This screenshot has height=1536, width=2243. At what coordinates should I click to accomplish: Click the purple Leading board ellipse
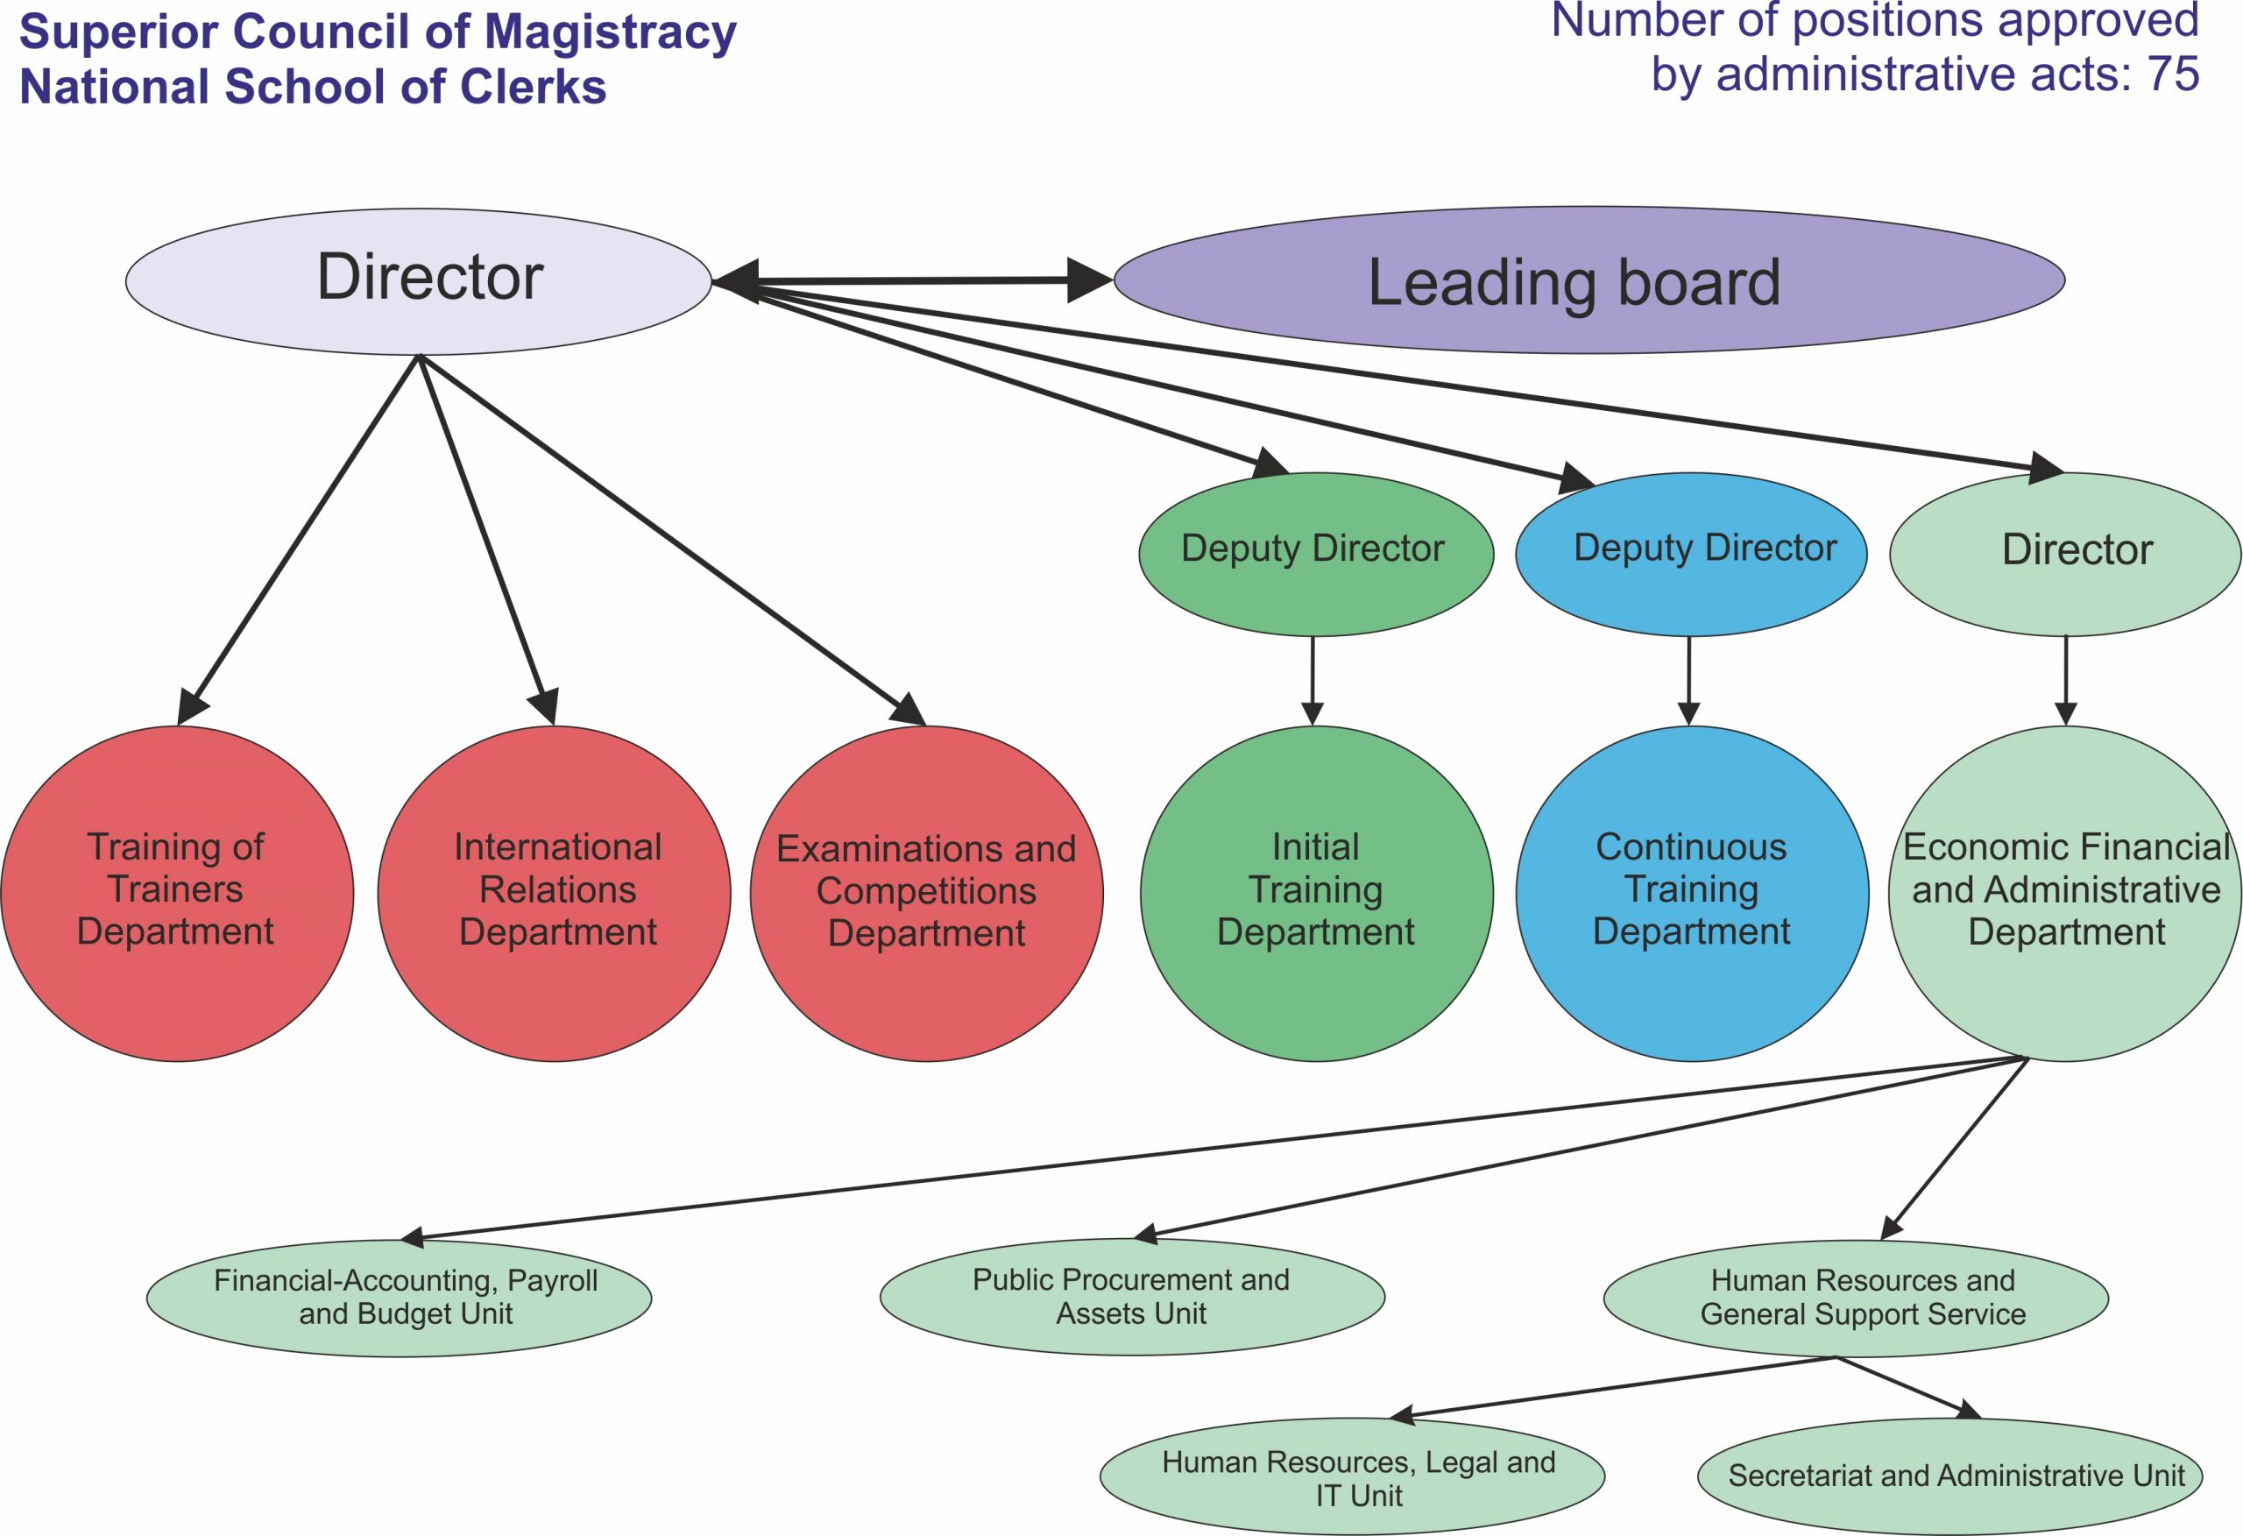pyautogui.click(x=1588, y=281)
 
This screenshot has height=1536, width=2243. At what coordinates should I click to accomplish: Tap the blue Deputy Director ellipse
pyautogui.click(x=1691, y=553)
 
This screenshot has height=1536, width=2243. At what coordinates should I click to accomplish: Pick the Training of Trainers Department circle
pyautogui.click(x=178, y=893)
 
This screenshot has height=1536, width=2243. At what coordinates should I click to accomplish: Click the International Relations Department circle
pyautogui.click(x=555, y=893)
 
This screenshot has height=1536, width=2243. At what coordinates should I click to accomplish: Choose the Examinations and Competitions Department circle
pyautogui.click(x=926, y=893)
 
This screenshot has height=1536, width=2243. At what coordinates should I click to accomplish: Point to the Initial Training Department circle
pyautogui.click(x=1317, y=893)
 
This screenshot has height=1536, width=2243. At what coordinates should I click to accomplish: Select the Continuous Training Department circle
pyautogui.click(x=1692, y=893)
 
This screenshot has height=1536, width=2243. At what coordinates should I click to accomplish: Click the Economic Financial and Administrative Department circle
pyautogui.click(x=2065, y=893)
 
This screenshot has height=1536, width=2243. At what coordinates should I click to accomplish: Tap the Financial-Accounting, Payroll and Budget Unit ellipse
pyautogui.click(x=399, y=1298)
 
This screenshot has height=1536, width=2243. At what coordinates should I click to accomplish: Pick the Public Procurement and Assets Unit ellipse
pyautogui.click(x=1132, y=1297)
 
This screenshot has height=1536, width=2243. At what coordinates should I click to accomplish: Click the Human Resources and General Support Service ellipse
pyautogui.click(x=1856, y=1298)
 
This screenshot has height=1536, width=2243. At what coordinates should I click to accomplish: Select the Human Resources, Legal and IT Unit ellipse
pyautogui.click(x=1352, y=1476)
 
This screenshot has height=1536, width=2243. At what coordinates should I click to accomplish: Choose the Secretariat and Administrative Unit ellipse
pyautogui.click(x=1949, y=1476)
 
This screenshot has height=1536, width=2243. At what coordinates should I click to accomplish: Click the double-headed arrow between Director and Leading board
pyautogui.click(x=912, y=281)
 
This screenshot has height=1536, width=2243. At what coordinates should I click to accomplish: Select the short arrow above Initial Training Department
pyautogui.click(x=1313, y=680)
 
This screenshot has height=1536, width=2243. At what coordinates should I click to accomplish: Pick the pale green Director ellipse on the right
pyautogui.click(x=2064, y=553)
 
